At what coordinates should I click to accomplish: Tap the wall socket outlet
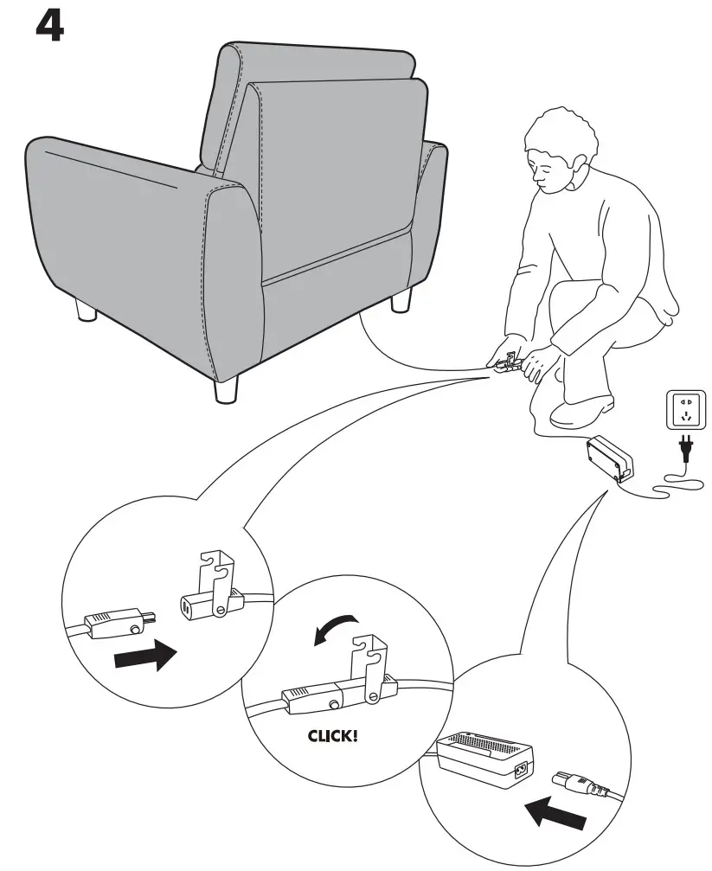click(683, 408)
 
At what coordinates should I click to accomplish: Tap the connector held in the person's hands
click(510, 363)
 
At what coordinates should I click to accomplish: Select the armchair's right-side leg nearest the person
click(400, 300)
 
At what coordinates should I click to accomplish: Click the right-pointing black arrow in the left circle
click(145, 658)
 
